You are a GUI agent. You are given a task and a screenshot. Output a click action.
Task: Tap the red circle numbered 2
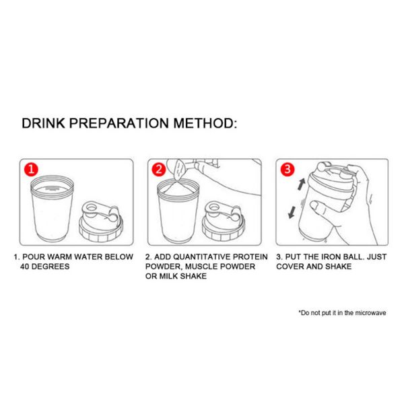160,170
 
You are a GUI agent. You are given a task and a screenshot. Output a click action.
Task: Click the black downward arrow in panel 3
291,211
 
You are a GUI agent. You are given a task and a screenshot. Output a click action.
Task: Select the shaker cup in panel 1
51,209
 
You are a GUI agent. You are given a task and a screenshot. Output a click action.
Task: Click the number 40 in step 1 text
27,267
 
